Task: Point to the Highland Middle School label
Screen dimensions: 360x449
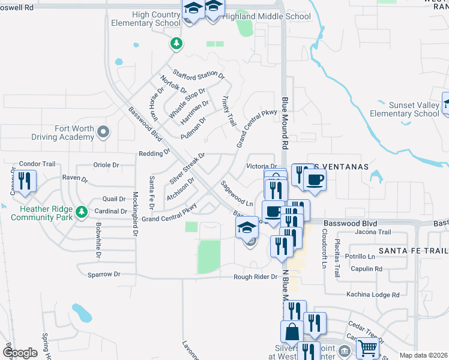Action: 267,16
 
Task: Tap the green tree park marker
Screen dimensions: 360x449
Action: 175,43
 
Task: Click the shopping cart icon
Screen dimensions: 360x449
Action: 367,347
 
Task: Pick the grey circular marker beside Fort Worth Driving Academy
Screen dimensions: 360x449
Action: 104,131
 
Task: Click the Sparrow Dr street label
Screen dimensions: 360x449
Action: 104,274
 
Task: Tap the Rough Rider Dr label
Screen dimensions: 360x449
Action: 256,277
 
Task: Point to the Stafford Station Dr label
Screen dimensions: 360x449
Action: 199,74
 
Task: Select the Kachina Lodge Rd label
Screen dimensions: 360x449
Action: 372,295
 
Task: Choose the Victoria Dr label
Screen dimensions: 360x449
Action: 262,166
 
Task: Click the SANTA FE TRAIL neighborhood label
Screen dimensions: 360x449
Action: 413,250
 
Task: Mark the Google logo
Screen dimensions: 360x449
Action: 20,353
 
